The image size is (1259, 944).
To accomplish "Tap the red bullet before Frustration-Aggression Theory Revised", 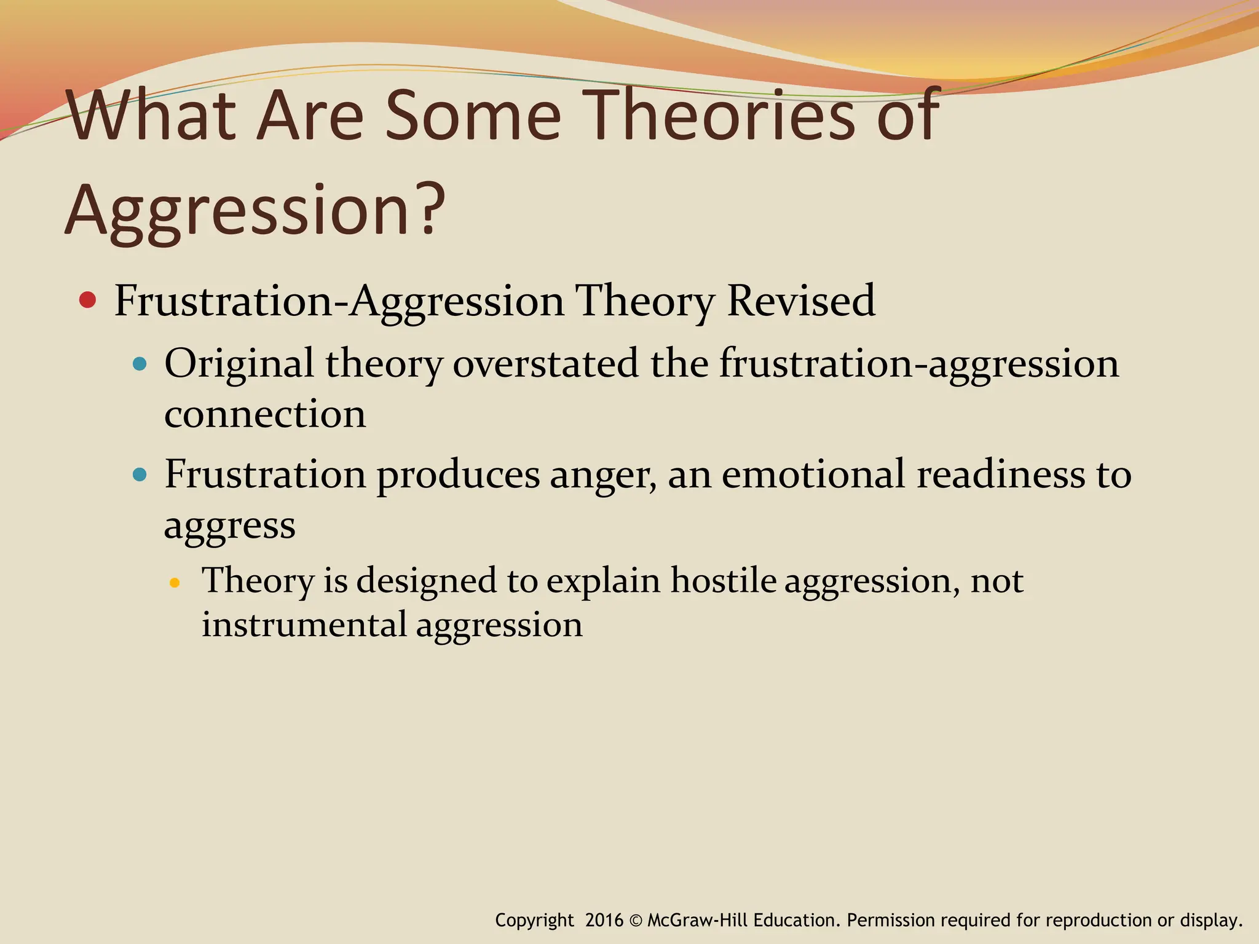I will [x=88, y=301].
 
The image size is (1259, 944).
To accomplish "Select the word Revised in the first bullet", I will [x=800, y=301].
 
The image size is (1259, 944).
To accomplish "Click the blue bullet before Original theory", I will [x=140, y=364].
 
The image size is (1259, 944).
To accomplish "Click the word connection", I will [x=265, y=414].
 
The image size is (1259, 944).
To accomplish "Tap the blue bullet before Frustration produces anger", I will [x=140, y=474].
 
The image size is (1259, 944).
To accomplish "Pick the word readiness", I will [x=1001, y=474].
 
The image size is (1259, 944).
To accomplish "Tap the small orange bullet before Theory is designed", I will [x=175, y=583].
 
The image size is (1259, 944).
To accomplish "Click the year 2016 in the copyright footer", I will [x=604, y=920].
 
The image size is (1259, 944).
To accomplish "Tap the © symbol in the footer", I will [x=636, y=921].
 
